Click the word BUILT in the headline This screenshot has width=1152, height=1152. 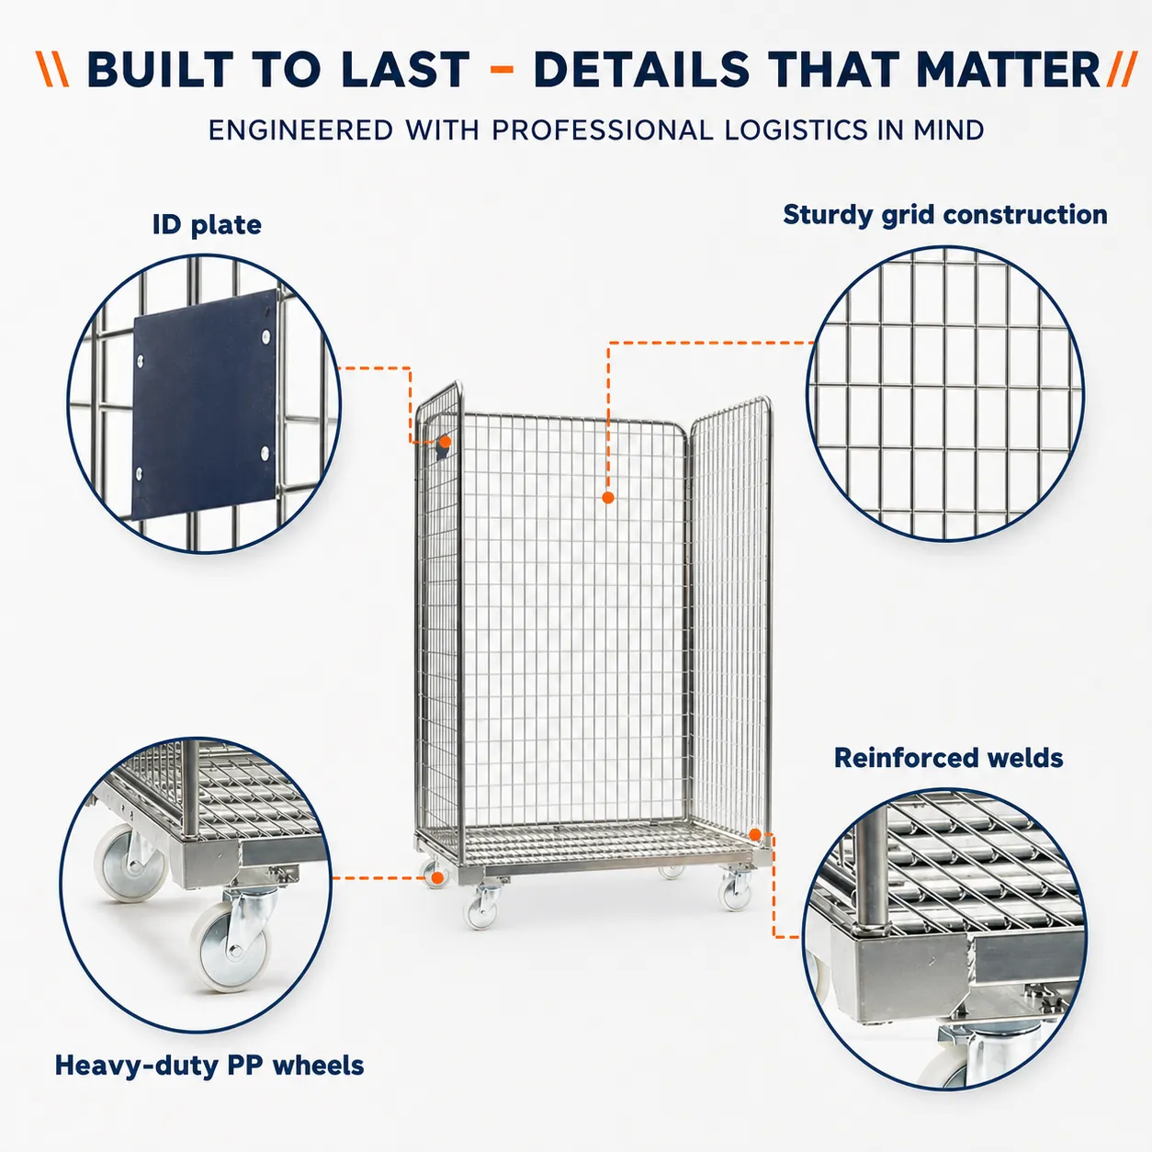pos(160,69)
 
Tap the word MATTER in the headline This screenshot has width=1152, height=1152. pos(1008,69)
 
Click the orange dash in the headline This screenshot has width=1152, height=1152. pos(502,69)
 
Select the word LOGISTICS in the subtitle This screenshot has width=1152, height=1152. pos(796,130)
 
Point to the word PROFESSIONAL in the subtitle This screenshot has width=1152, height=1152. pos(603,130)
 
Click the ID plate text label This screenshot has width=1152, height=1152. pos(207,225)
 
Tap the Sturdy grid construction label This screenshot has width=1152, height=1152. pos(945,215)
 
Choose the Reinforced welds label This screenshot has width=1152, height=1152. pos(949,758)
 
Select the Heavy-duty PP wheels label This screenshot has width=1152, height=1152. pos(209,1066)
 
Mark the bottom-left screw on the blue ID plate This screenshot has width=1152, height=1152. pos(140,474)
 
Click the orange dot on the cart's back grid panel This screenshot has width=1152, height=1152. pos(608,497)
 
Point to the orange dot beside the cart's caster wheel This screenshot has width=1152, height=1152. pos(437,877)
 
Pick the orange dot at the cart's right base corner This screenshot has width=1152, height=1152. pos(755,834)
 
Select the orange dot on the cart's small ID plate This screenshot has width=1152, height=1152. pos(445,442)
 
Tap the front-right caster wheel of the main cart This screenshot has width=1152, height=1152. pos(735,895)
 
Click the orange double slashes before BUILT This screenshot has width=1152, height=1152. pos(52,69)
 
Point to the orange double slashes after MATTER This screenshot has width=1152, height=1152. pos(1122,69)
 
